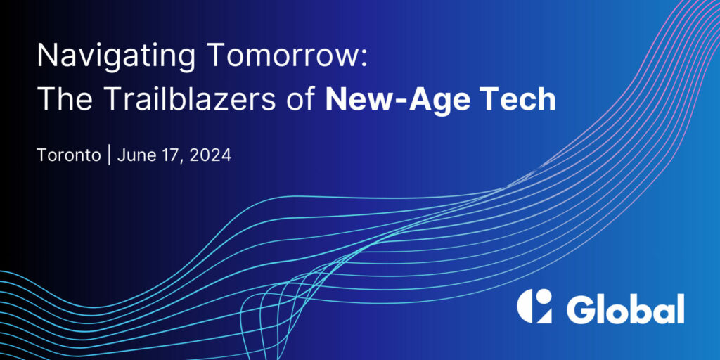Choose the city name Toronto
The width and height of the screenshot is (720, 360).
[x=69, y=155]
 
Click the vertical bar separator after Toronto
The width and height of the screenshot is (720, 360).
[x=109, y=155]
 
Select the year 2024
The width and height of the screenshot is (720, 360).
[x=210, y=155]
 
